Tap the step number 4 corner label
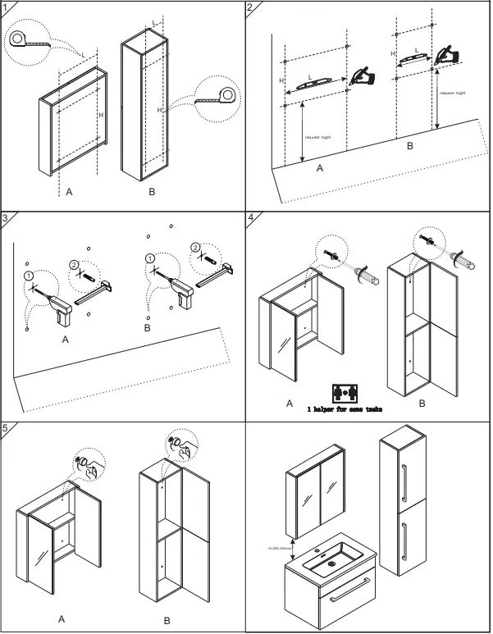pos(252,218)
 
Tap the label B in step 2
pos(409,144)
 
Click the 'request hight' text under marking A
pos(317,136)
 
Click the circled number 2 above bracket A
pos(75,265)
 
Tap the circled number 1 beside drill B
pos(148,258)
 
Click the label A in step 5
pos(61,618)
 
